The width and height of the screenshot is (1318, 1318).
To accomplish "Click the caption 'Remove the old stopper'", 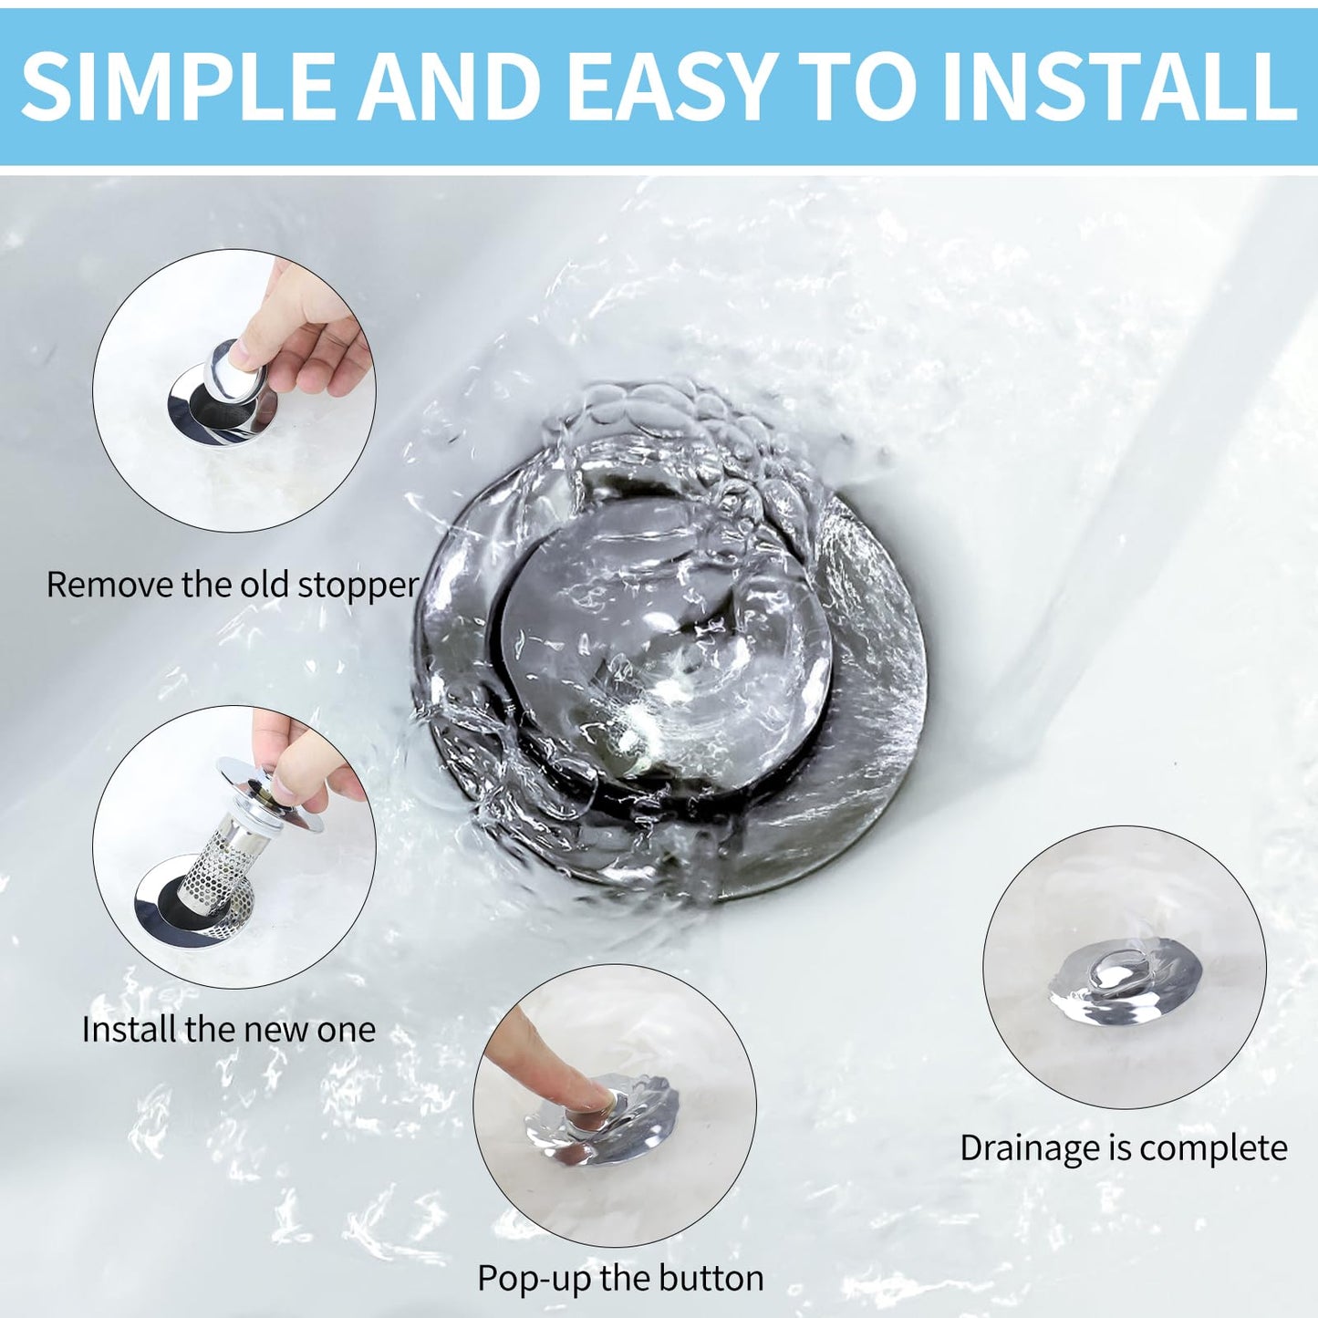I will pos(233,585).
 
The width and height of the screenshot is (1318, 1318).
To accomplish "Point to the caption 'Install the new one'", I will pos(229,1030).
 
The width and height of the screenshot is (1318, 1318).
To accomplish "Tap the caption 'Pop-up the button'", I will pos(620,1278).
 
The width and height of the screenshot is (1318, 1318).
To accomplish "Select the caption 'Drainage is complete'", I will pos(1123,1147).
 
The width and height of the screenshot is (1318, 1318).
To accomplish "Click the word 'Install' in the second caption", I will pos(129,1030).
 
